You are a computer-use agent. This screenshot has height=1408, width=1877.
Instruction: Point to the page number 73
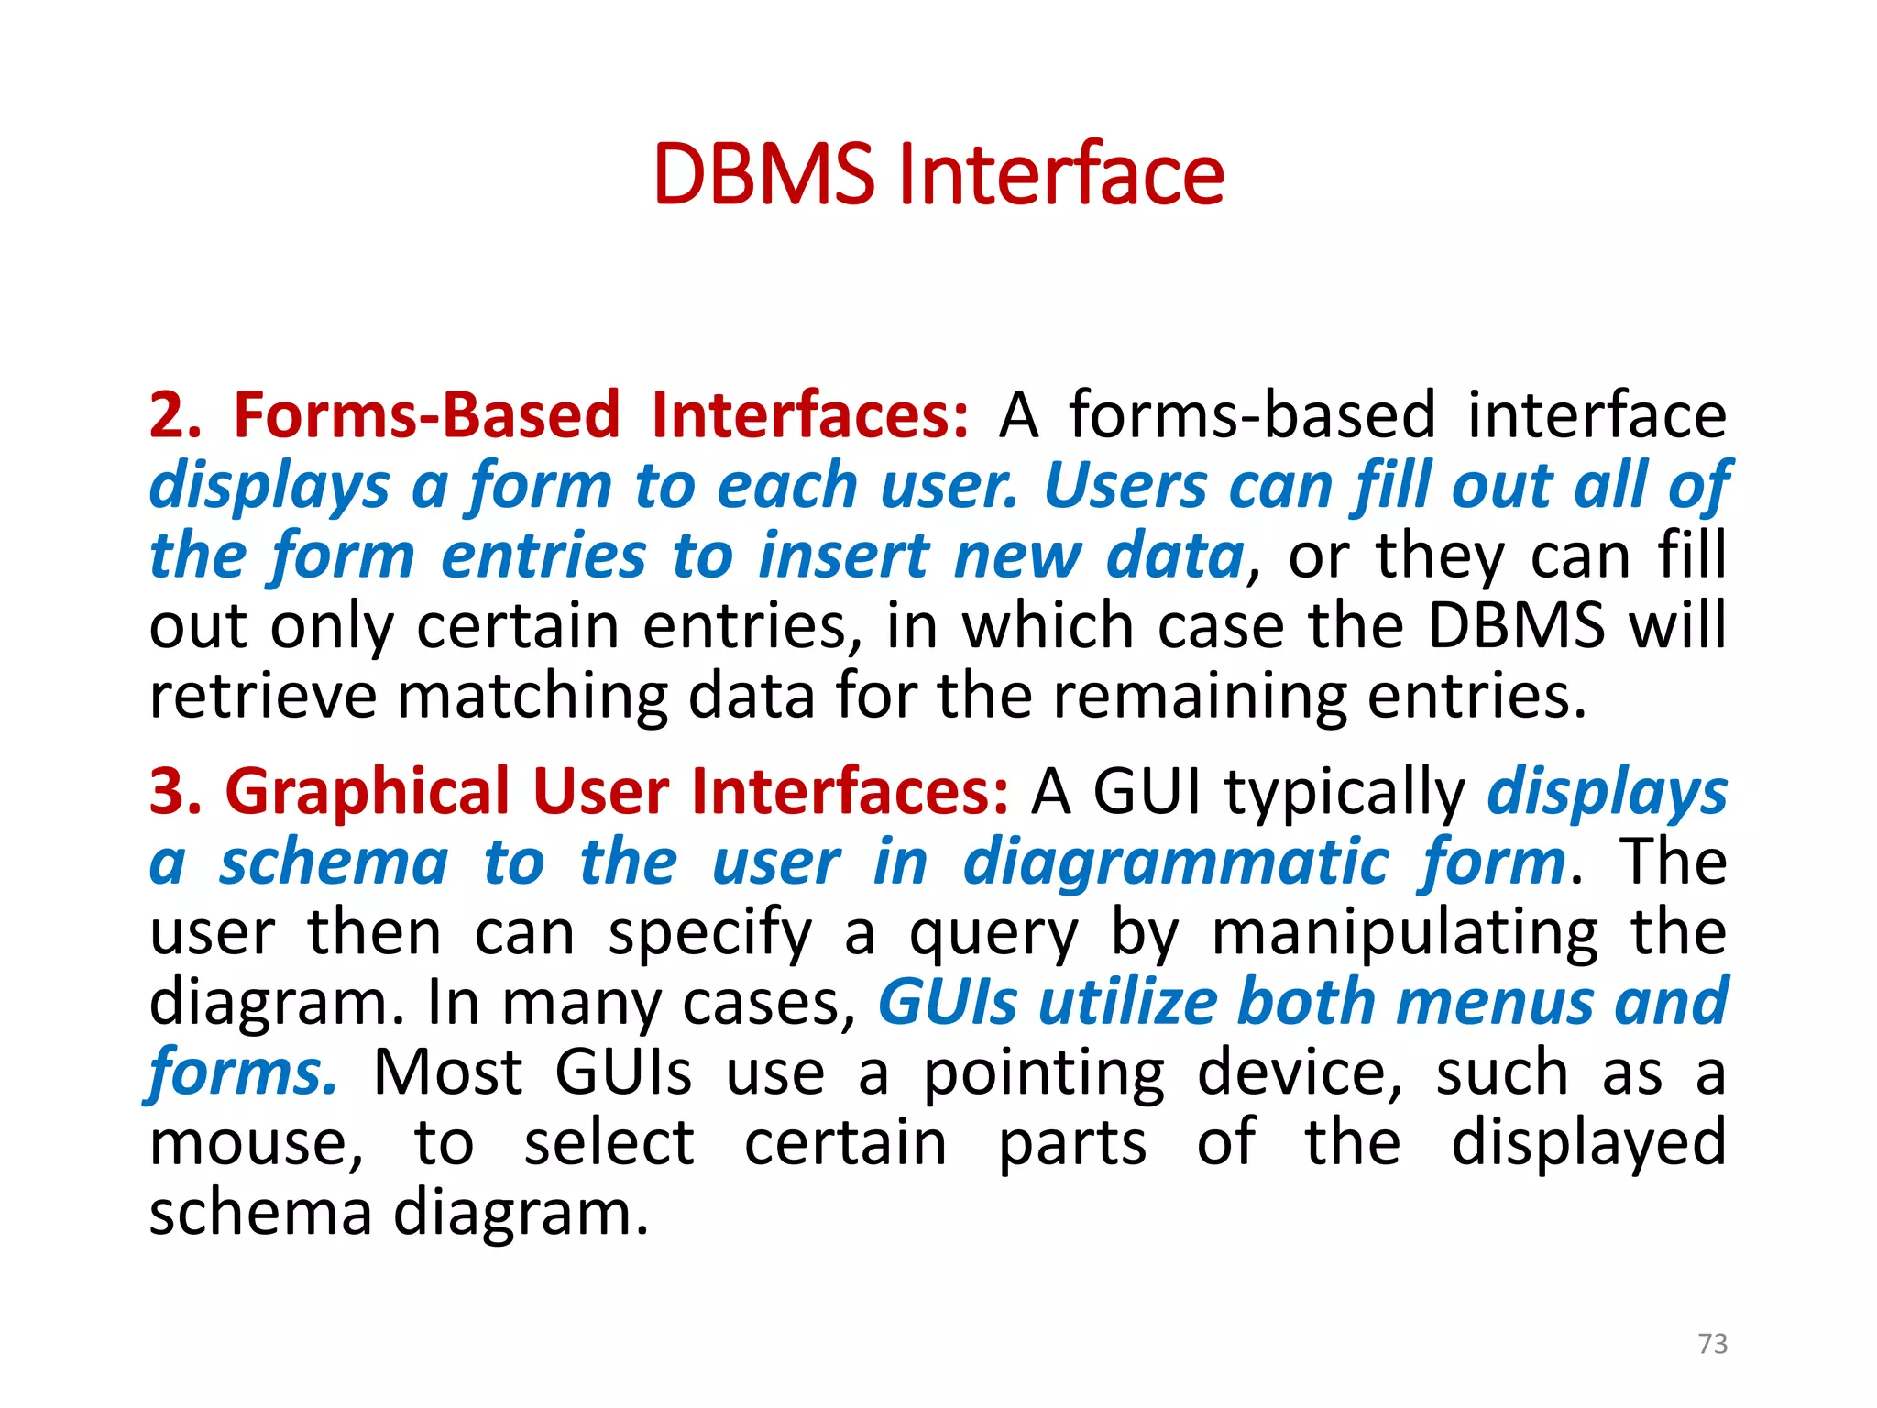click(x=1712, y=1343)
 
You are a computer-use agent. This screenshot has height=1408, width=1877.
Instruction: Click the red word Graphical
click(x=367, y=792)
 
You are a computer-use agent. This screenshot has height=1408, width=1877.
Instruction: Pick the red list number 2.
click(x=174, y=415)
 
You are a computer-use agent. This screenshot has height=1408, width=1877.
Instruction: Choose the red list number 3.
click(x=174, y=792)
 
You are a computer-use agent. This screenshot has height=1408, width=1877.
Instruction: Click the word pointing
click(x=1044, y=1074)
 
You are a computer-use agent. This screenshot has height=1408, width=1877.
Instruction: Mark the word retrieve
click(x=263, y=697)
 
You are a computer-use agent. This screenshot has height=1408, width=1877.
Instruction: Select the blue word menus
click(x=1494, y=1003)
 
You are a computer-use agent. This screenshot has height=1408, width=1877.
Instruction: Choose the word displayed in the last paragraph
click(x=1588, y=1144)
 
